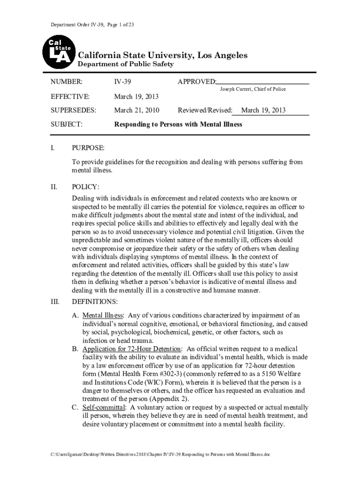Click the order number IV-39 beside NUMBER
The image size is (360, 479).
[122, 82]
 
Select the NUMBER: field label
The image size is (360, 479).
[66, 82]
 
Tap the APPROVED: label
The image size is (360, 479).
[197, 82]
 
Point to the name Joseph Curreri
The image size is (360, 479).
[237, 89]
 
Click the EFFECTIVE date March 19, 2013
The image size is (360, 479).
[137, 96]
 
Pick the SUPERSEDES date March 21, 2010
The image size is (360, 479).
[137, 110]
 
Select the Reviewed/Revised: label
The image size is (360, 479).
[205, 110]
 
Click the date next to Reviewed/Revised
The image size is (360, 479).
[263, 110]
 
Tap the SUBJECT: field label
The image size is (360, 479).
[66, 124]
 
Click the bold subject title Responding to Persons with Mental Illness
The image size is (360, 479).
[179, 124]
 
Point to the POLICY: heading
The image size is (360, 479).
[85, 187]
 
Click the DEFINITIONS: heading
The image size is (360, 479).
[94, 301]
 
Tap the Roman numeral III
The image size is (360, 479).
[54, 301]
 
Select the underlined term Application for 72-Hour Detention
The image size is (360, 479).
[131, 349]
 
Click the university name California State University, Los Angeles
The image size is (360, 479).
[162, 56]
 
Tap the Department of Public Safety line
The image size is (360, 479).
[125, 64]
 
